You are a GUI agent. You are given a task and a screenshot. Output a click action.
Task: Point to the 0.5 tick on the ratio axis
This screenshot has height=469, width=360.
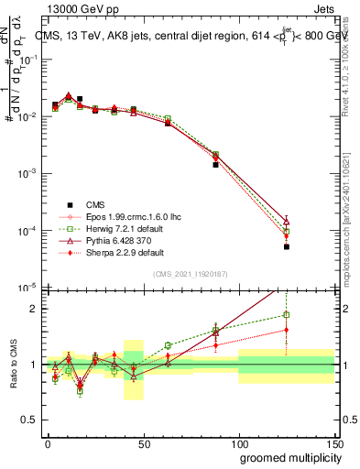coord(32,420)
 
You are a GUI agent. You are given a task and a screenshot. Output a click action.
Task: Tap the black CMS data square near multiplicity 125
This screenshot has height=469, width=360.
coord(287,246)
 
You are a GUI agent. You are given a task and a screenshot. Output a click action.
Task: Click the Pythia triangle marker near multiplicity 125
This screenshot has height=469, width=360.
coord(287,221)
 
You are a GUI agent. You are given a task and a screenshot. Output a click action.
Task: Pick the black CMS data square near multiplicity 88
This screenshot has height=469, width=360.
coord(215,165)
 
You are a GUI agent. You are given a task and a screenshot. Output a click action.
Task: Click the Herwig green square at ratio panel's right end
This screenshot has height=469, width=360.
coord(287,315)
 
